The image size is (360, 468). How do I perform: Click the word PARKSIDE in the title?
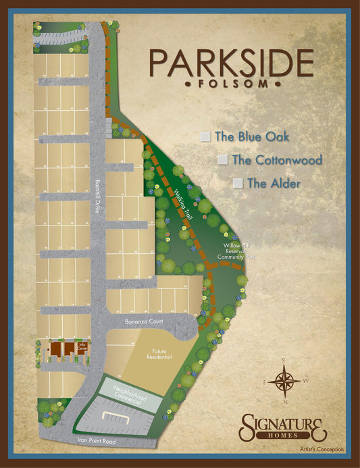[x=232, y=63]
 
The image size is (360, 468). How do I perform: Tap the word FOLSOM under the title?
[x=232, y=84]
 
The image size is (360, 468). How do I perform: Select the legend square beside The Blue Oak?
[x=205, y=136]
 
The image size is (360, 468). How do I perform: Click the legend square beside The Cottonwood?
[x=223, y=160]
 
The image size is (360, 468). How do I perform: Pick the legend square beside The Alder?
[x=238, y=183]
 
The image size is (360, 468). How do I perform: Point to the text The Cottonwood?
[x=277, y=160]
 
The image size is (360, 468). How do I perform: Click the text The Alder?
[x=274, y=183]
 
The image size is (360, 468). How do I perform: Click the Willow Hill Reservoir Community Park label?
[x=234, y=251]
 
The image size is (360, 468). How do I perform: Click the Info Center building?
[x=82, y=348]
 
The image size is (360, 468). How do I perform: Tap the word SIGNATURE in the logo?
[x=284, y=424]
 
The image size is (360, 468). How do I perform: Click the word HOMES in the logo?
[x=284, y=437]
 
